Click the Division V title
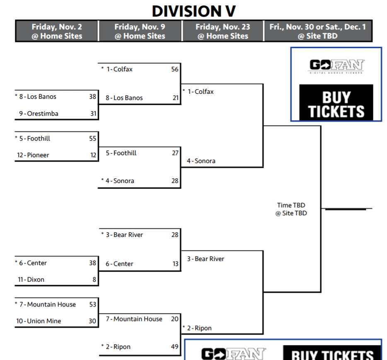(193, 11)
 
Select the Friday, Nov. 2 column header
(57, 31)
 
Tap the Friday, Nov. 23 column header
(223, 31)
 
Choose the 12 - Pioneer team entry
(33, 155)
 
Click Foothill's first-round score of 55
(92, 139)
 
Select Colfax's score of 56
(174, 69)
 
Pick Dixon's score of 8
(94, 280)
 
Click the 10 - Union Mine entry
(36, 321)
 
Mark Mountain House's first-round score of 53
(92, 304)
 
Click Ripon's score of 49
(174, 347)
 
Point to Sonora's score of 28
(174, 181)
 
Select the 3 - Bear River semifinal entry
(205, 259)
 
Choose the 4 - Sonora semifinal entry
(201, 161)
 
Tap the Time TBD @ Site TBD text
(292, 209)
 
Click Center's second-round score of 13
(175, 264)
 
